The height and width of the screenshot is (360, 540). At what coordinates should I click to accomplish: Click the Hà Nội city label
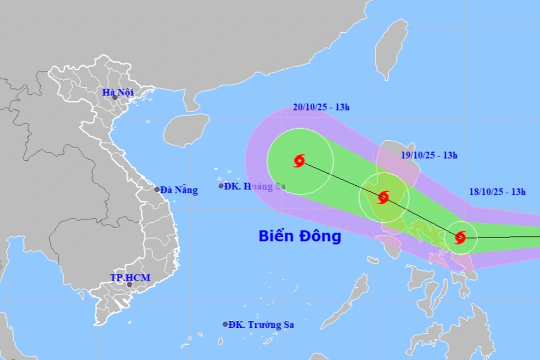[118, 93]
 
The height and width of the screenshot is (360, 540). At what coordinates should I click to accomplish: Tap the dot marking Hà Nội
[114, 98]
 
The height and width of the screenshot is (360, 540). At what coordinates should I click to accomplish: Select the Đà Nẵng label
[179, 190]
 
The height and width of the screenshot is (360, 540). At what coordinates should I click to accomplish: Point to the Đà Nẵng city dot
[157, 190]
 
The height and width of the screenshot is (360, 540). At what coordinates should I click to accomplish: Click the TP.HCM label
[130, 277]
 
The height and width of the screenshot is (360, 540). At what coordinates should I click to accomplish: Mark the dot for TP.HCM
[129, 285]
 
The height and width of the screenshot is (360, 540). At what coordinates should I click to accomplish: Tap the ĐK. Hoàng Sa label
[251, 186]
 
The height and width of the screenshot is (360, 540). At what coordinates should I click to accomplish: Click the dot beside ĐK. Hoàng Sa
[221, 186]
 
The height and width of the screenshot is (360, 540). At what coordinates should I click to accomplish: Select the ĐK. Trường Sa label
[261, 325]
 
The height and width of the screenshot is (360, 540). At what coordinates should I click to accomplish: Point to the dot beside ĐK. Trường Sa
[225, 324]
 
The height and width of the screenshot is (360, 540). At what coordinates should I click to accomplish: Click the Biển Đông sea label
[300, 236]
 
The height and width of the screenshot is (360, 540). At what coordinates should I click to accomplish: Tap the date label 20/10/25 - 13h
[321, 107]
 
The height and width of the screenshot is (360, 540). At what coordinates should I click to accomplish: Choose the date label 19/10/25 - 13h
[429, 155]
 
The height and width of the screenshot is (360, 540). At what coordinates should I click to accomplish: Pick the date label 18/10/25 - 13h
[497, 192]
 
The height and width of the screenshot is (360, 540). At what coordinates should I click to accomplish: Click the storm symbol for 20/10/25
[300, 160]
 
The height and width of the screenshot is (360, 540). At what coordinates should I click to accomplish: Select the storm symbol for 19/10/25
[383, 197]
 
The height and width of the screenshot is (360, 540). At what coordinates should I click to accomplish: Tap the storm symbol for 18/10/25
[460, 237]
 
